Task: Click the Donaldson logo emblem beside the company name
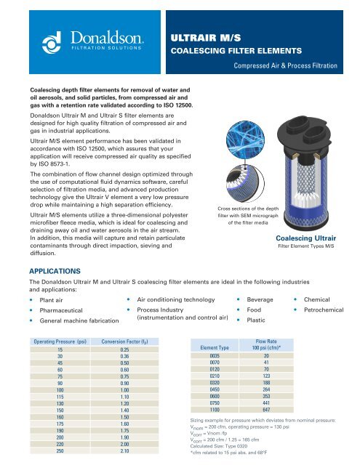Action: pyautogui.click(x=35, y=38)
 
